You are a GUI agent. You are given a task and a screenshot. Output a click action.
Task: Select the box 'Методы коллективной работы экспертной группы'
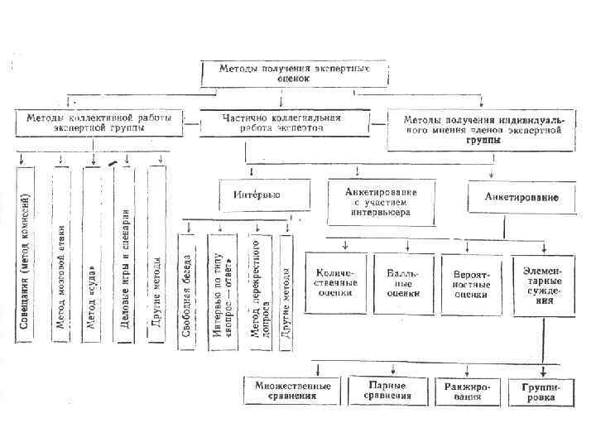(x=99, y=124)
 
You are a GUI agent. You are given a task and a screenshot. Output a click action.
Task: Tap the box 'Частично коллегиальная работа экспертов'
(x=281, y=124)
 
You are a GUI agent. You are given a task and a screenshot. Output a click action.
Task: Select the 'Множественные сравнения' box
(x=292, y=391)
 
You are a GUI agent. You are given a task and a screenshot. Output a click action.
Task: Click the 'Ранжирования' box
(x=461, y=391)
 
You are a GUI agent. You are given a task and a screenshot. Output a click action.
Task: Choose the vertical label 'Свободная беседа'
(x=187, y=290)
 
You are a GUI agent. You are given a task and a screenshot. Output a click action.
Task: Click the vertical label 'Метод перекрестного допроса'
(x=257, y=290)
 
